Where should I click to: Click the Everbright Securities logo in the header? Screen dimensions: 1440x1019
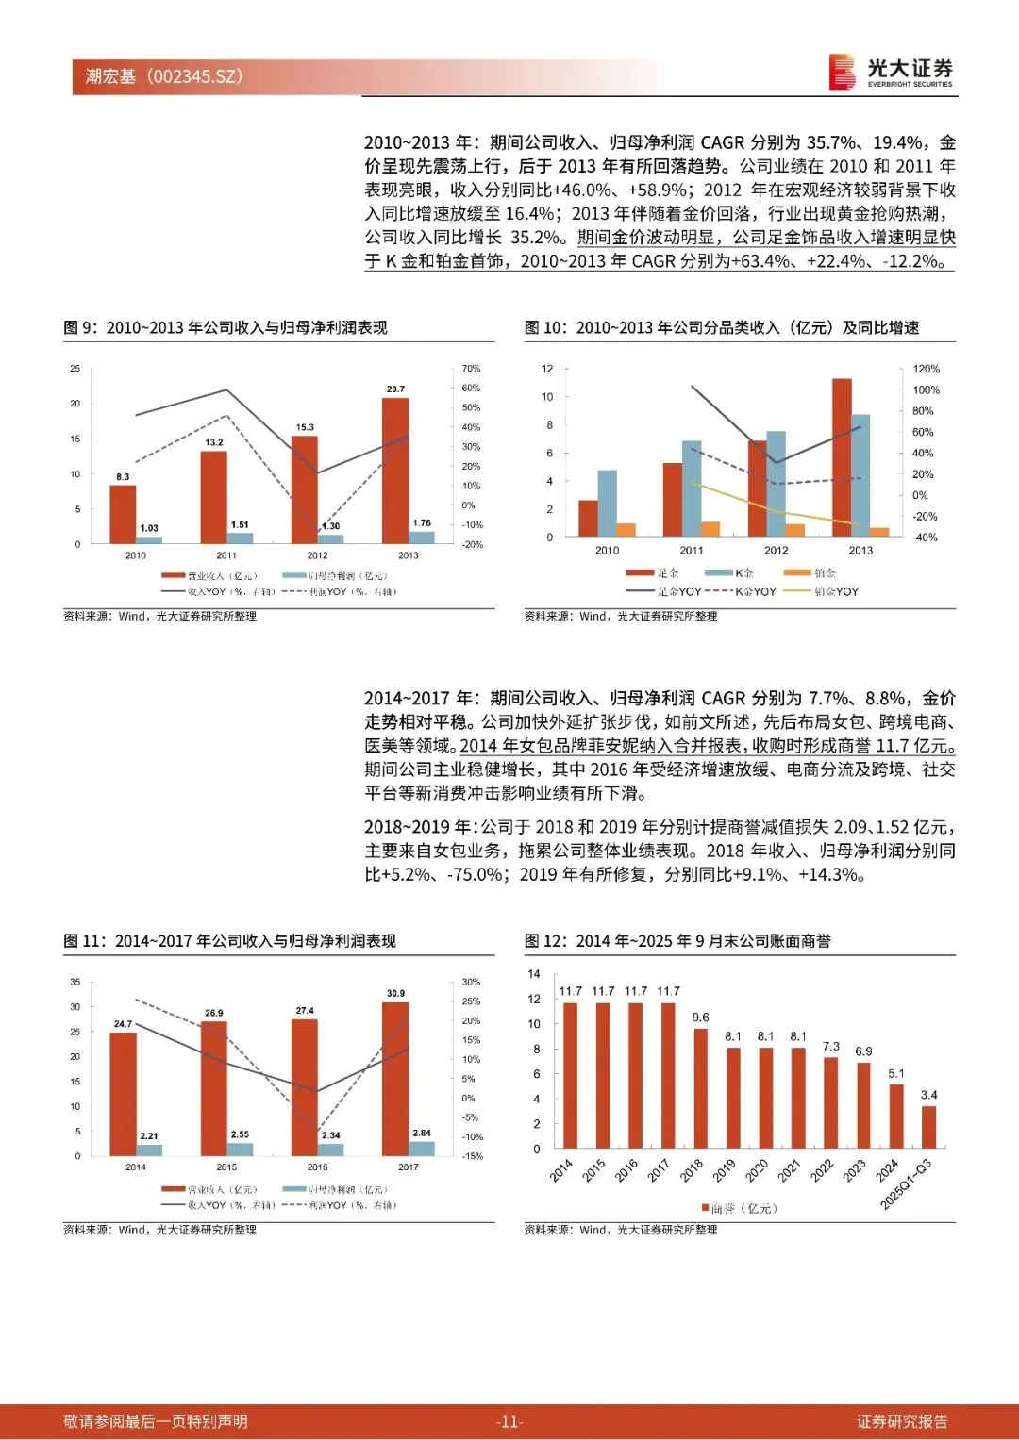891,72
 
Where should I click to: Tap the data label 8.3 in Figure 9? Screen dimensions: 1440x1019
123,477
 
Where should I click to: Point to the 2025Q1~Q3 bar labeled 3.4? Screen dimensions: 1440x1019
929,1127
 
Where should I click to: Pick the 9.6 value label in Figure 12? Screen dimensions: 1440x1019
700,1018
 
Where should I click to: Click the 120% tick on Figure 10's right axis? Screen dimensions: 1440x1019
927,369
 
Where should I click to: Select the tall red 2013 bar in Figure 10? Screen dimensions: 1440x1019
842,457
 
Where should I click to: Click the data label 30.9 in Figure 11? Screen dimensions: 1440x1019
395,993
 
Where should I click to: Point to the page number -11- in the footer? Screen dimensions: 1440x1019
509,1422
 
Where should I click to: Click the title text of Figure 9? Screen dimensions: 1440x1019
226,327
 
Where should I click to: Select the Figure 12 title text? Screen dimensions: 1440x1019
677,941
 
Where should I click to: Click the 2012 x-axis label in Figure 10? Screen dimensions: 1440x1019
776,551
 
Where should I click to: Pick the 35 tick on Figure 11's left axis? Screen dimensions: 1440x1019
75,982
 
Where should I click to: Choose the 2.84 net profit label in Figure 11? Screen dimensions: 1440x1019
422,1133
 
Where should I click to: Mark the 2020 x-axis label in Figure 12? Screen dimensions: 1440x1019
757,1170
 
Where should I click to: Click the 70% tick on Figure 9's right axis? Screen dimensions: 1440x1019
471,369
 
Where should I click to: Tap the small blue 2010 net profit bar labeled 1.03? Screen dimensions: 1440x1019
149,540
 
